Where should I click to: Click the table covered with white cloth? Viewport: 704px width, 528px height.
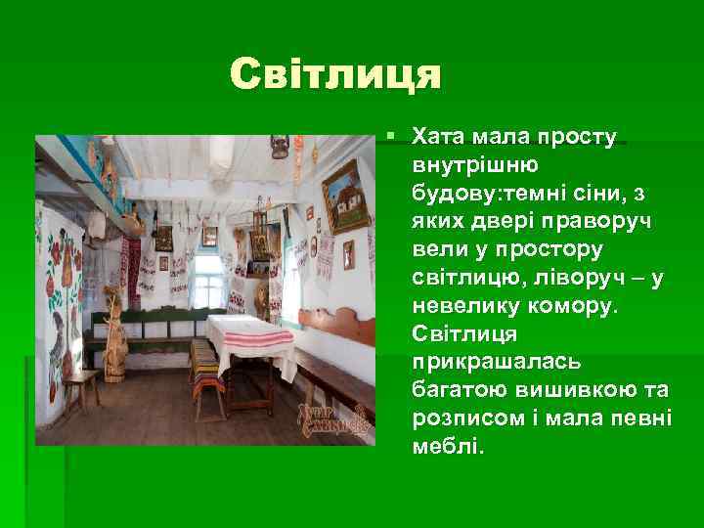249,337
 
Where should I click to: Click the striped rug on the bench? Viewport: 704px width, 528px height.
206,367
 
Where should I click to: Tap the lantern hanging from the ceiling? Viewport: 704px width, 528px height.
280,147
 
